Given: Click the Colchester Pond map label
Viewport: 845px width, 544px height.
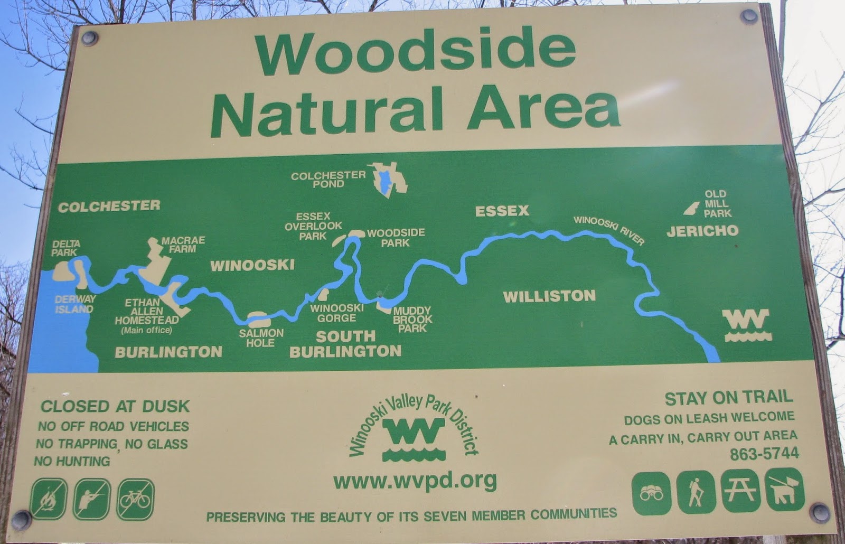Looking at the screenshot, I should point(328,179).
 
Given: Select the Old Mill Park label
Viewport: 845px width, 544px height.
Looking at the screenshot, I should point(717,204).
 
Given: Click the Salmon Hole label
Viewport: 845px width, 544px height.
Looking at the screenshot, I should point(261,338).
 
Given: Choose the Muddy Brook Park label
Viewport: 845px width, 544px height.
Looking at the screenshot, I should point(412,320).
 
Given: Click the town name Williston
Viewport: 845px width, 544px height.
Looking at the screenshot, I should point(549,296).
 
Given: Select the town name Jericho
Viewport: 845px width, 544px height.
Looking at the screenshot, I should point(702,231).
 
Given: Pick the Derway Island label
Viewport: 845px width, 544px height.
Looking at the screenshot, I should point(75,304).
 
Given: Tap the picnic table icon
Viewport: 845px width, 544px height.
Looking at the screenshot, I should point(740,492).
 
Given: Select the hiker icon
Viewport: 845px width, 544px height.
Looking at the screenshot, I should point(696,493).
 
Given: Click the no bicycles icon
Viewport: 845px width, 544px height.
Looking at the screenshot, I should point(135,499).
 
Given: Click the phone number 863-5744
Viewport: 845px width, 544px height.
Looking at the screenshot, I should point(764,454).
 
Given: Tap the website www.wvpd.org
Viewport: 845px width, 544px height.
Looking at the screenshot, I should point(415,481).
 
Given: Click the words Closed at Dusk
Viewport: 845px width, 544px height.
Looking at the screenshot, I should point(115,406).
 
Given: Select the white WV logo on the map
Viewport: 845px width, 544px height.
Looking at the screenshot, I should point(747,325).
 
